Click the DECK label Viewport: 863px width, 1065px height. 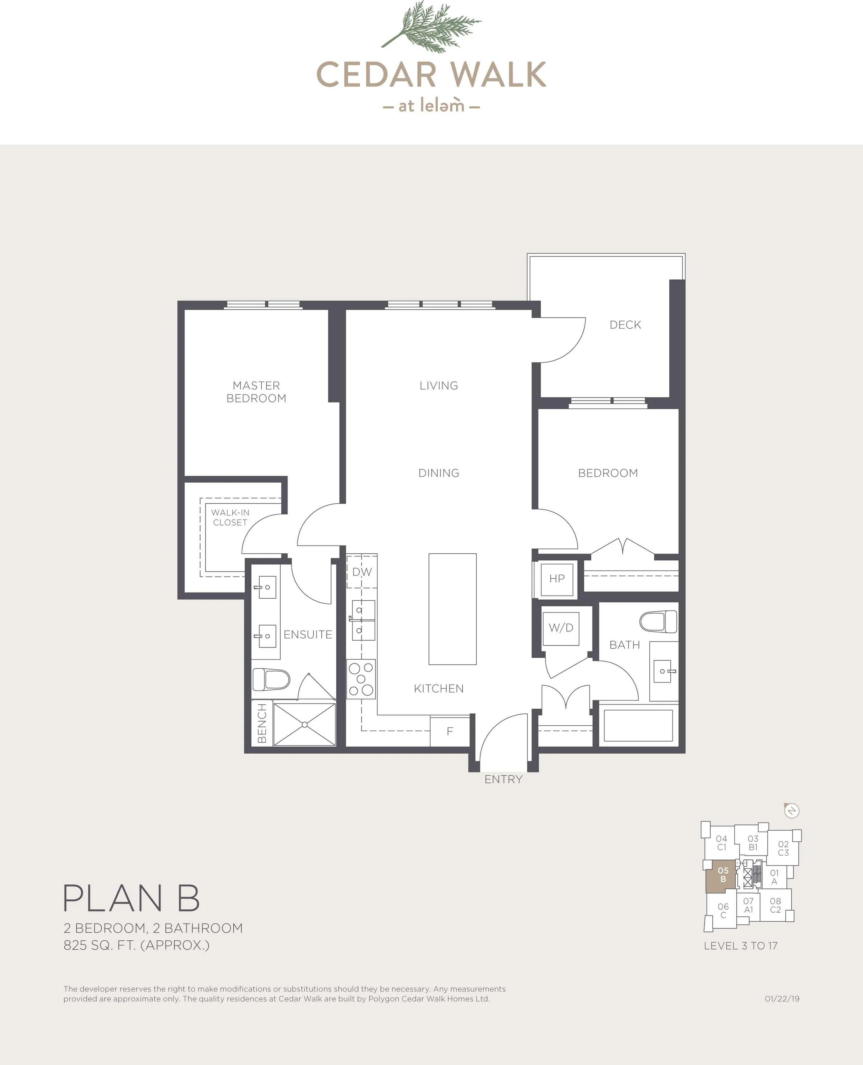point(625,325)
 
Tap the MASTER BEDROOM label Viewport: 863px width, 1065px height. point(256,392)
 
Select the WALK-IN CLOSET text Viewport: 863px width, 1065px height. point(230,517)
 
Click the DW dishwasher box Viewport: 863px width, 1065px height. point(362,571)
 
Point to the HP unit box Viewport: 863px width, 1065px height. point(557,578)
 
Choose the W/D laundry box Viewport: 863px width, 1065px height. point(561,628)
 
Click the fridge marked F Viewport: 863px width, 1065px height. point(450,731)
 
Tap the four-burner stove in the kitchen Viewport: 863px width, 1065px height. point(361,679)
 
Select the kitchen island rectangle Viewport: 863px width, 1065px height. point(452,609)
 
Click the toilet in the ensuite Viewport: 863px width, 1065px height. point(271,679)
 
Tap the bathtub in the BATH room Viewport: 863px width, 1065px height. point(638,725)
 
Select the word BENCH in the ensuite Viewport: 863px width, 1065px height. point(262,724)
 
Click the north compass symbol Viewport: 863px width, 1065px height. point(792,811)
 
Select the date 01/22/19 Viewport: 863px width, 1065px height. point(782,999)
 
